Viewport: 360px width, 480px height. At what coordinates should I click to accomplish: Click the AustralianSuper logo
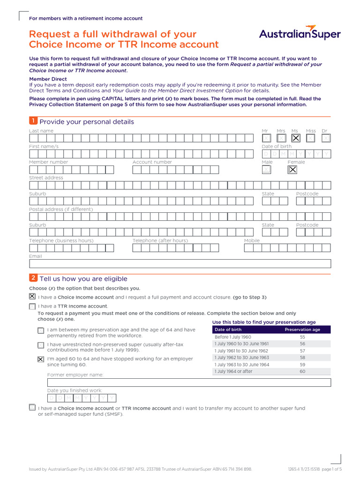click(x=300, y=33)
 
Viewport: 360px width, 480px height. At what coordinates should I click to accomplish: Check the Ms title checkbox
click(x=295, y=138)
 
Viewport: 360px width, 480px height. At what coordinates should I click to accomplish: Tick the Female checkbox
click(x=292, y=170)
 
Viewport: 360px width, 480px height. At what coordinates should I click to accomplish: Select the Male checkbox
click(x=266, y=170)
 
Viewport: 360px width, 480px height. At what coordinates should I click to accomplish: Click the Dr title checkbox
click(x=326, y=138)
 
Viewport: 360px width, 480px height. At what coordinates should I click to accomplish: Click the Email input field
click(x=180, y=264)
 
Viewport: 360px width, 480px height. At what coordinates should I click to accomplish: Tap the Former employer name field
click(x=189, y=382)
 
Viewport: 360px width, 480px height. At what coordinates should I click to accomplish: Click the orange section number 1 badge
click(x=33, y=121)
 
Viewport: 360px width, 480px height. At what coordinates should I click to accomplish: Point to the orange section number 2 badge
click(x=33, y=278)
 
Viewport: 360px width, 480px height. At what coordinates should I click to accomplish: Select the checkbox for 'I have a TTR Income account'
click(x=32, y=307)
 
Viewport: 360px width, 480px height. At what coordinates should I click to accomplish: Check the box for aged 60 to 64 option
click(x=41, y=360)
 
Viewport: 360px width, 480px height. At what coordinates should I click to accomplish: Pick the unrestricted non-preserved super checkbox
click(x=41, y=345)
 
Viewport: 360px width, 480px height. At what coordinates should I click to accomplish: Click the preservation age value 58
click(x=302, y=358)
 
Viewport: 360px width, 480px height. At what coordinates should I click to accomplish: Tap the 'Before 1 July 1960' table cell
click(x=233, y=337)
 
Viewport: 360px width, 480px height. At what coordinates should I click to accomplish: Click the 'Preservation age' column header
click(x=302, y=330)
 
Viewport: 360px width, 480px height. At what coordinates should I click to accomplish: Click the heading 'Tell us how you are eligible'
click(x=83, y=278)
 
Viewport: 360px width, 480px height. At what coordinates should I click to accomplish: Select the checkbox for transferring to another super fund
click(x=32, y=408)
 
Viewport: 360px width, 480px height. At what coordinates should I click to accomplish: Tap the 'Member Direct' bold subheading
click(x=48, y=79)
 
